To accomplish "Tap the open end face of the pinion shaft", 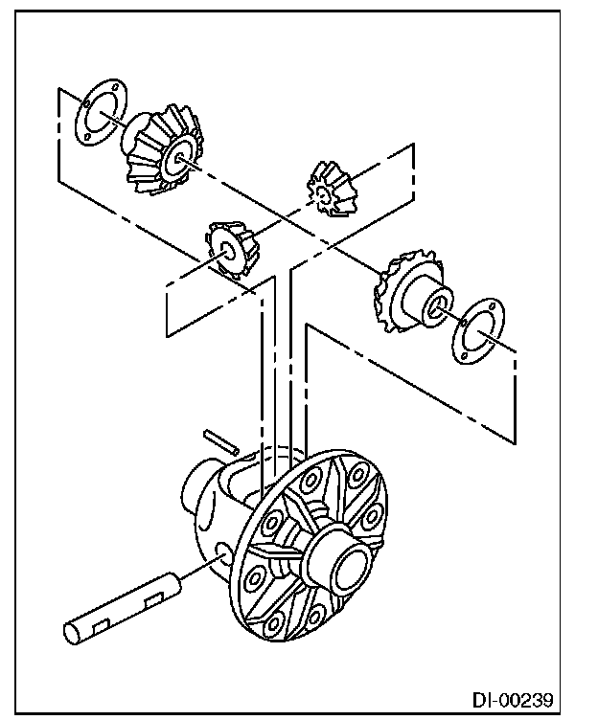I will tap(74, 635).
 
